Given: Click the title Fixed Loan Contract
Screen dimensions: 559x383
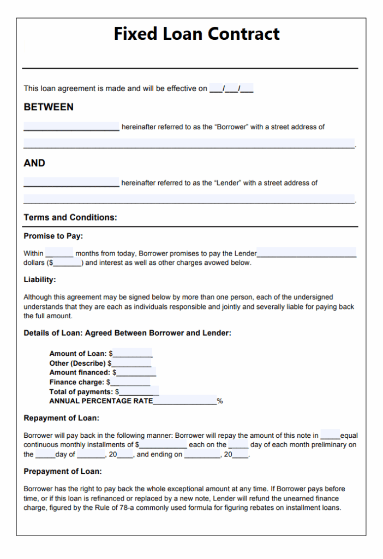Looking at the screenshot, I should pyautogui.click(x=196, y=34).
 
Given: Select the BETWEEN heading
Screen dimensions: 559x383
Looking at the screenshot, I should pyautogui.click(x=49, y=107).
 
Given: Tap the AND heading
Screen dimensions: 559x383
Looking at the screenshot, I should pyautogui.click(x=34, y=163).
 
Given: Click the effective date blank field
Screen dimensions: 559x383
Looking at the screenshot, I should pyautogui.click(x=231, y=88).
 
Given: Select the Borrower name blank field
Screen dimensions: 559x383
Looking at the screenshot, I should pyautogui.click(x=71, y=127).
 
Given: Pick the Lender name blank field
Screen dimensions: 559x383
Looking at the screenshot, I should pyautogui.click(x=71, y=183).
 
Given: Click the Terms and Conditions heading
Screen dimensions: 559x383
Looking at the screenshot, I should pyautogui.click(x=70, y=217).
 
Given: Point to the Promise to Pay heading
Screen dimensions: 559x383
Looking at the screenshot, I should pyautogui.click(x=53, y=236).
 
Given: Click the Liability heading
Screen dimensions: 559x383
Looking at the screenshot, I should pyautogui.click(x=40, y=279).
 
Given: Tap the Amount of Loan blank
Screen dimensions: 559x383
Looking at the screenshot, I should pyautogui.click(x=133, y=354).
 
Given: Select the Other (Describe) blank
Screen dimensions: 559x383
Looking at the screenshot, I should pyautogui.click(x=131, y=363).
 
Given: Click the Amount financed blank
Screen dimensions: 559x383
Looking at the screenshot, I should pyautogui.click(x=136, y=372).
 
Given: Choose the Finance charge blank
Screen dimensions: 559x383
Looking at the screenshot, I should pyautogui.click(x=130, y=382).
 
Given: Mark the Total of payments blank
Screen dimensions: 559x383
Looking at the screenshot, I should pyautogui.click(x=139, y=391).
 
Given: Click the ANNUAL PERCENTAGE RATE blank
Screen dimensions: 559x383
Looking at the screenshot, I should pyautogui.click(x=185, y=401).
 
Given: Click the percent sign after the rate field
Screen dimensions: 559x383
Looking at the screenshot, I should pyautogui.click(x=220, y=401).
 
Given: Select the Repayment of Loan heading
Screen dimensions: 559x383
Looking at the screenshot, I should pyautogui.click(x=61, y=418).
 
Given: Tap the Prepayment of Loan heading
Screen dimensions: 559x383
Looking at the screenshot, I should pyautogui.click(x=63, y=471).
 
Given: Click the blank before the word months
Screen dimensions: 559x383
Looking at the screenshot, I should pyautogui.click(x=59, y=254).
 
